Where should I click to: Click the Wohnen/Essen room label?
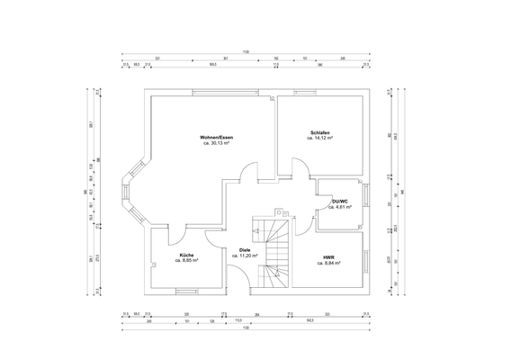click(216, 136)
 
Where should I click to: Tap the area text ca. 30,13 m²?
click(216, 142)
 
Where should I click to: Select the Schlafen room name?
click(320, 132)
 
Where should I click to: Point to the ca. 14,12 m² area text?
click(320, 139)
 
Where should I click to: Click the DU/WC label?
click(339, 201)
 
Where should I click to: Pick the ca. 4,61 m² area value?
click(339, 207)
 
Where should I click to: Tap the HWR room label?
click(329, 259)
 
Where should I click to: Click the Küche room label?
click(186, 255)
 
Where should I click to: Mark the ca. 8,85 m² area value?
click(186, 261)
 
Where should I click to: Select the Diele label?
click(245, 249)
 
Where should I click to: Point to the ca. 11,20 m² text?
click(245, 256)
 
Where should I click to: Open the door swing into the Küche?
click(178, 233)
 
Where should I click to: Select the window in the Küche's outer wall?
click(187, 291)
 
